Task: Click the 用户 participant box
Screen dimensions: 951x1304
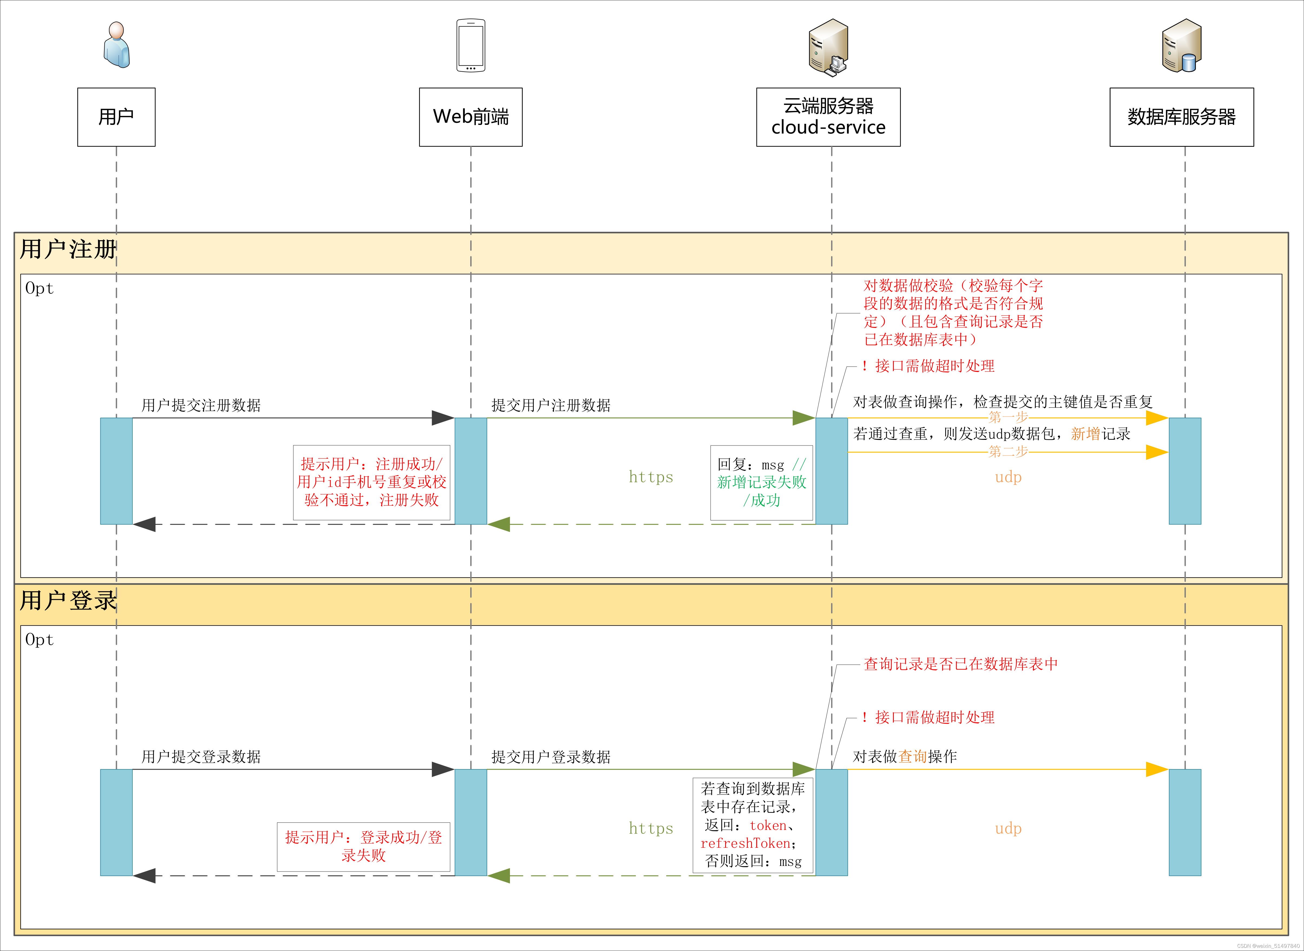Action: tap(116, 117)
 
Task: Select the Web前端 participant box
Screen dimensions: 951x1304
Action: tap(470, 117)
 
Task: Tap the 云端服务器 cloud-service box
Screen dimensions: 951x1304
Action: tap(828, 117)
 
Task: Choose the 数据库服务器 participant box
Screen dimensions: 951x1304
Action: tap(1181, 117)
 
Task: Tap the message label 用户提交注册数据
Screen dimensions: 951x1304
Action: tap(201, 405)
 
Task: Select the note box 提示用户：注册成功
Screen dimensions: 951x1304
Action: tap(371, 483)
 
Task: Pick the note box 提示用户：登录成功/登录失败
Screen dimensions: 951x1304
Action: tap(363, 846)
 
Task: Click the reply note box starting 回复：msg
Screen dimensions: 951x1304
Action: tap(761, 483)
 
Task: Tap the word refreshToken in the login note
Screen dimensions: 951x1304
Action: tap(745, 843)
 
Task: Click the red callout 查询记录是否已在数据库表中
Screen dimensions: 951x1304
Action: tap(960, 664)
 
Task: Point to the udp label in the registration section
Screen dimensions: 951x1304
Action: tap(1008, 477)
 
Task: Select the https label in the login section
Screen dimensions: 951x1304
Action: tap(651, 828)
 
